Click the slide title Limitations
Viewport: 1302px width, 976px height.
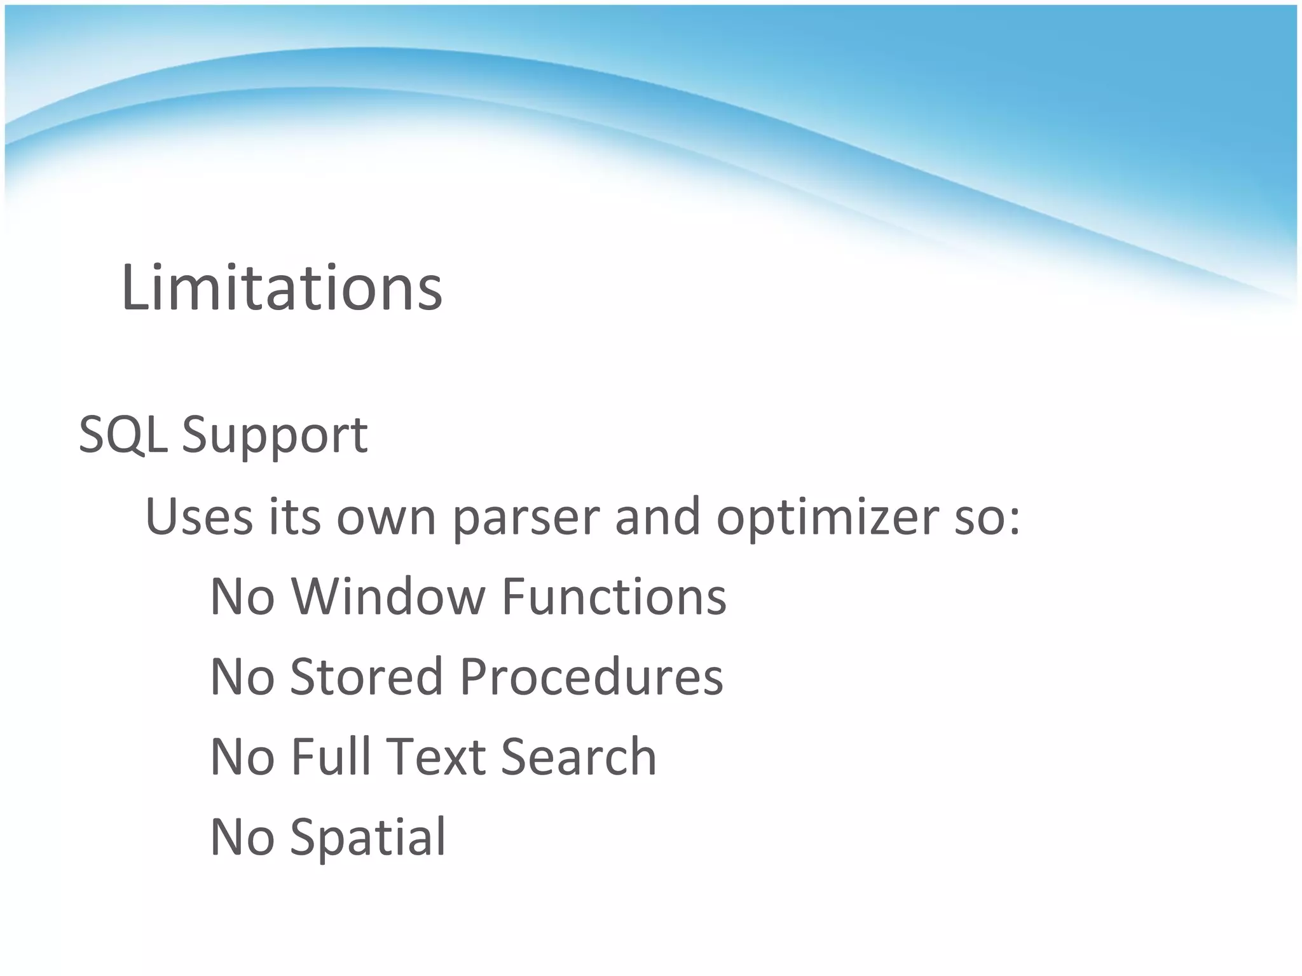point(281,288)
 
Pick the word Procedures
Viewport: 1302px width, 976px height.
point(591,676)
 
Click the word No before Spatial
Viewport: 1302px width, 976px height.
point(242,837)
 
